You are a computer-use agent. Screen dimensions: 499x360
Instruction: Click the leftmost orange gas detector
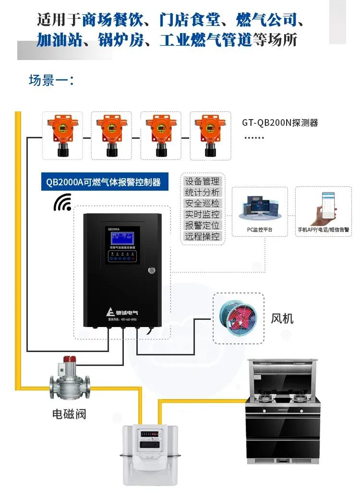(x=61, y=135)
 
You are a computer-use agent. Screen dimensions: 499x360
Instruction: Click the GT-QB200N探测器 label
(x=280, y=122)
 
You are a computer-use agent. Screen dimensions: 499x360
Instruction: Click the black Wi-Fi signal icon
(x=62, y=203)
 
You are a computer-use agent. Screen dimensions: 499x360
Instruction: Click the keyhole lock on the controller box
(x=152, y=270)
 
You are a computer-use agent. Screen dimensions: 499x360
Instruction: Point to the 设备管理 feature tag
(x=202, y=182)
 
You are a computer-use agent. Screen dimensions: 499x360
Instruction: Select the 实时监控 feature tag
(x=202, y=215)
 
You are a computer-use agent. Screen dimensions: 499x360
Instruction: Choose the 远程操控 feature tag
(x=202, y=236)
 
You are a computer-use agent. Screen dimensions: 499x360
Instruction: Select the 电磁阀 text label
(x=69, y=414)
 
